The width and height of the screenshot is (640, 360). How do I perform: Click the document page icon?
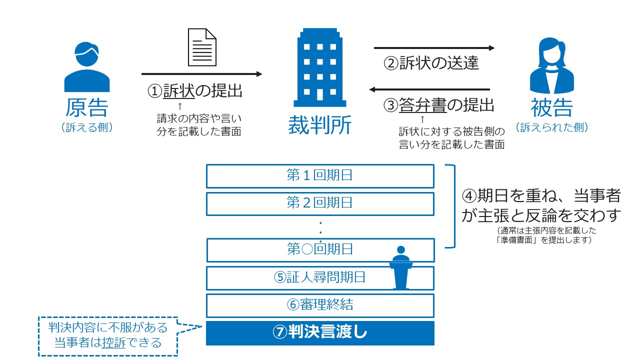pyautogui.click(x=202, y=47)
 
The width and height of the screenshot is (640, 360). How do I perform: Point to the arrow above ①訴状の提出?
pyautogui.click(x=201, y=74)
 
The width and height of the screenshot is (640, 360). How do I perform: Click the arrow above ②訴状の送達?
pyautogui.click(x=434, y=48)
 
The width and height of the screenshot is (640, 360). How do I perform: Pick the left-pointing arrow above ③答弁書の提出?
pyautogui.click(x=429, y=89)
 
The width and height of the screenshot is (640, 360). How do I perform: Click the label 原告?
pyautogui.click(x=86, y=107)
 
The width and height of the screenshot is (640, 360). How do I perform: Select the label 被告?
pyautogui.click(x=551, y=107)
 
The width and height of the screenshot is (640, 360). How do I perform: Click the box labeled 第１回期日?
pyautogui.click(x=320, y=175)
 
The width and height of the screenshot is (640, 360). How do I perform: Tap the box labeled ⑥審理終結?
pyautogui.click(x=320, y=304)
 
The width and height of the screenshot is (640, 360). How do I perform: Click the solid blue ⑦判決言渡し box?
pyautogui.click(x=320, y=333)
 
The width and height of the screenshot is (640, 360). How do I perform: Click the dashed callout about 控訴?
pyautogui.click(x=108, y=336)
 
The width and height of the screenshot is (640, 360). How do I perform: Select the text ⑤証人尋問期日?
pyautogui.click(x=319, y=277)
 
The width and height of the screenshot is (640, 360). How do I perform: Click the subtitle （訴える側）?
pyautogui.click(x=87, y=127)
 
